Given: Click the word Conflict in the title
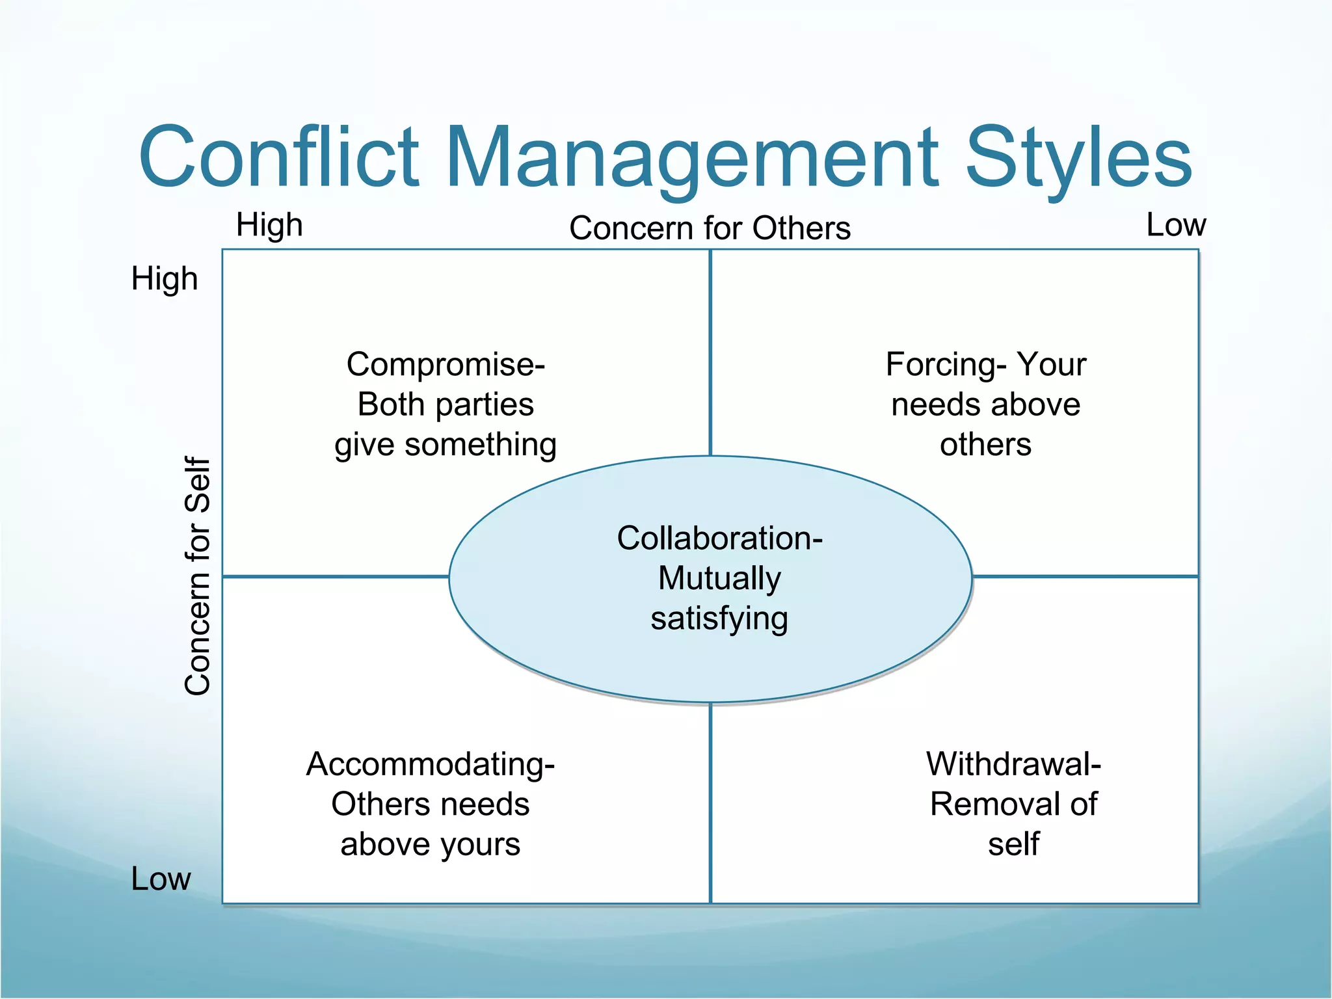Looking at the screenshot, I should [x=280, y=157].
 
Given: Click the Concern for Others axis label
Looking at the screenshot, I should [x=710, y=228].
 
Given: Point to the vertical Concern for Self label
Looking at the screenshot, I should [x=198, y=576].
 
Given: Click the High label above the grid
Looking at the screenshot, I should [x=269, y=225].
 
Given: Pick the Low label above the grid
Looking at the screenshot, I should [x=1176, y=225].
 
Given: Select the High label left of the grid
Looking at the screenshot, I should [x=165, y=279].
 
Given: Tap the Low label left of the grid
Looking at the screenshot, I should [x=161, y=879].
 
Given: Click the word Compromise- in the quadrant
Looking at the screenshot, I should [x=446, y=364].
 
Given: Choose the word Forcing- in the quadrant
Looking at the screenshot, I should [x=946, y=364].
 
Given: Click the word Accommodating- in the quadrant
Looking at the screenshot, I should [x=431, y=764].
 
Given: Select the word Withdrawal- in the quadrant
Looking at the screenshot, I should [x=1013, y=764].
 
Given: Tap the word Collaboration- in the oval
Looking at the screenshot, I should [x=719, y=539].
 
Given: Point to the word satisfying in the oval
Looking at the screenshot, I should [x=719, y=619].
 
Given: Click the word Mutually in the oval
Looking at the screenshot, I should [x=719, y=578].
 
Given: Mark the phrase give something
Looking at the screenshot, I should [x=446, y=446].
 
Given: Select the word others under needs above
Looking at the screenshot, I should [x=985, y=446].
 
